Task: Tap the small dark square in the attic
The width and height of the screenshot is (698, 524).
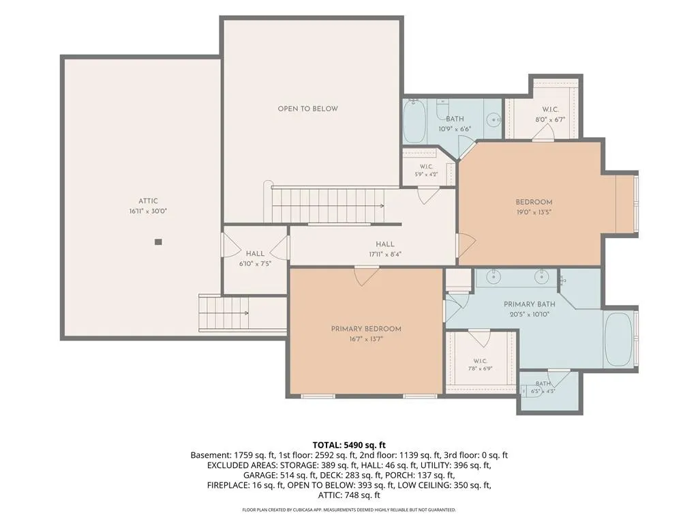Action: (158, 242)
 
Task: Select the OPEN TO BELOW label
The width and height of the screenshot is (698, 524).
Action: (307, 108)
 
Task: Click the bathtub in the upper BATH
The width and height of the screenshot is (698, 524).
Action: (414, 121)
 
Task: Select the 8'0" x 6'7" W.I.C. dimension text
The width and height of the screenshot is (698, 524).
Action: (550, 119)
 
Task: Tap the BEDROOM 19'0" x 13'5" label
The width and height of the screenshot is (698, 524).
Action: (534, 207)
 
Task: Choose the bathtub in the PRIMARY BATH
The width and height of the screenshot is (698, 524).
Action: (619, 340)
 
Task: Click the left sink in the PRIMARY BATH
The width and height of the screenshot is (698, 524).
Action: (493, 277)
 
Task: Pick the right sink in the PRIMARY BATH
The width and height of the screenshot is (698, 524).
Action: (541, 277)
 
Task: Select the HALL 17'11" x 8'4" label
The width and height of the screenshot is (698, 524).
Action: (385, 249)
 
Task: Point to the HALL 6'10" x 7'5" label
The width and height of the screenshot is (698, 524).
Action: (255, 259)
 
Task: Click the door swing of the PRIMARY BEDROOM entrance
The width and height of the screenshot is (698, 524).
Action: (365, 276)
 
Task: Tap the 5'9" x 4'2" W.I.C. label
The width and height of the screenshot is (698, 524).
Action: (427, 171)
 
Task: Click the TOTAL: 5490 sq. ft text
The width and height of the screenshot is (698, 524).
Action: (349, 445)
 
